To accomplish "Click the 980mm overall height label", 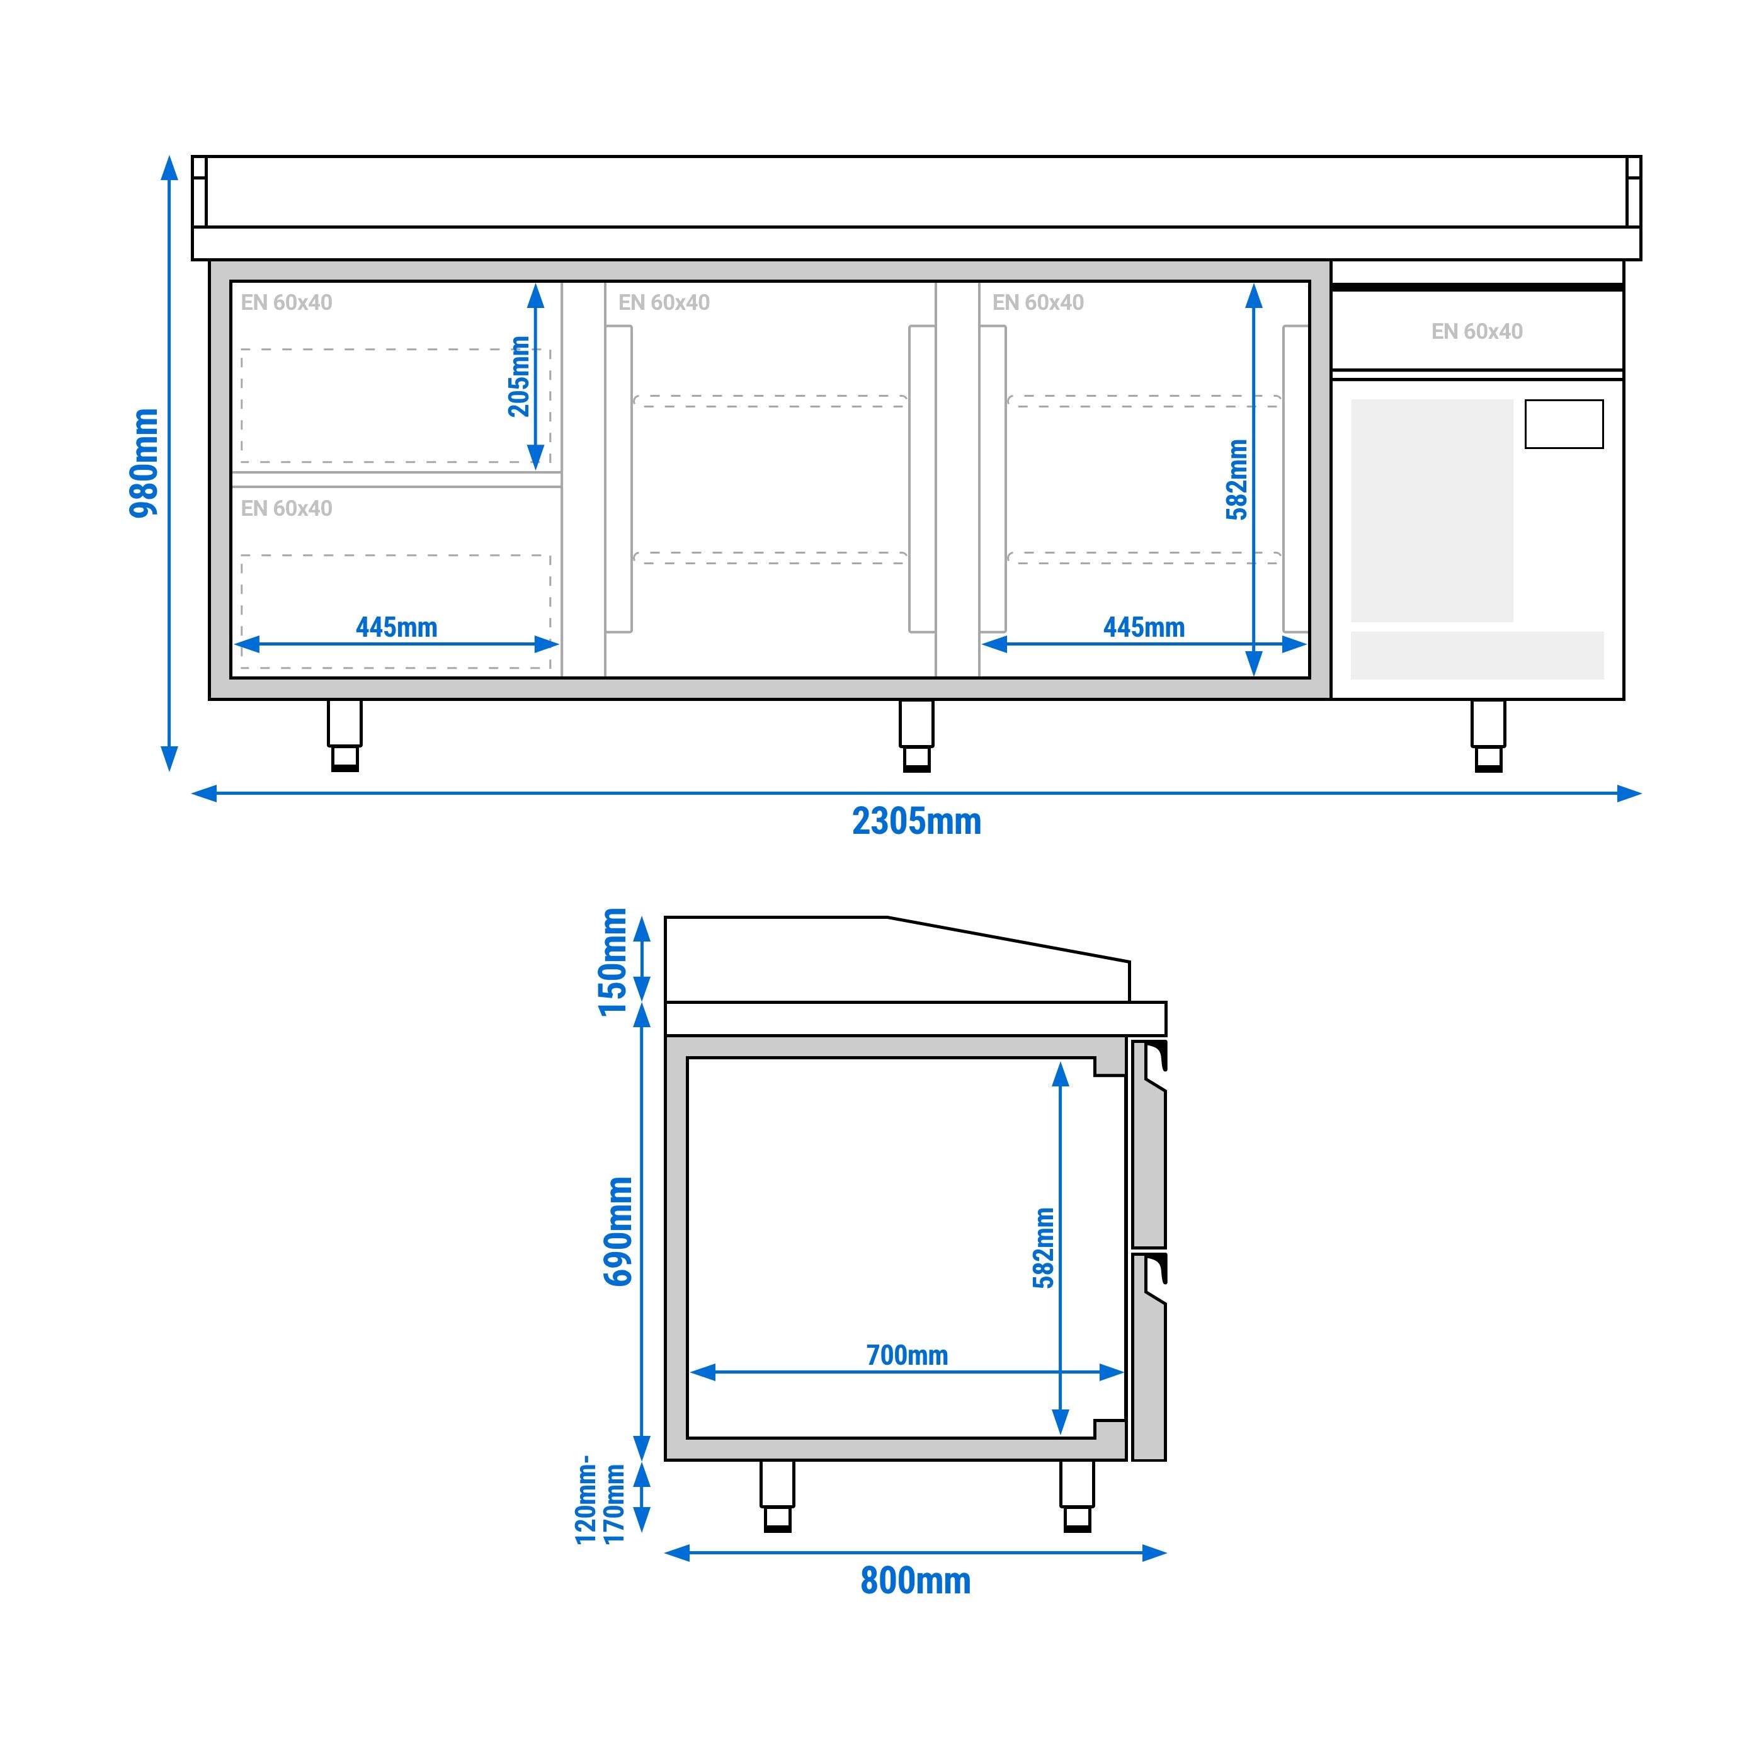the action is click(144, 462).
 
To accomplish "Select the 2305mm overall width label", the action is click(916, 821).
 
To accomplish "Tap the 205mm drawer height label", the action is click(518, 376).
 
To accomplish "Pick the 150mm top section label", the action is click(613, 962).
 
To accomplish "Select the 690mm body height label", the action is click(618, 1231).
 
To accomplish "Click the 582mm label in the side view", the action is click(1044, 1248).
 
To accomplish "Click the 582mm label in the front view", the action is click(1236, 480).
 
